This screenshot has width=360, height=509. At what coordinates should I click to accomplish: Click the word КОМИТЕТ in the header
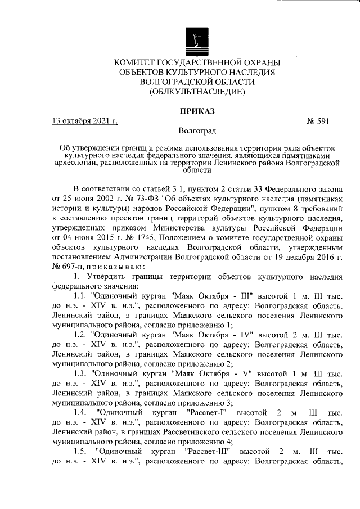[136, 62]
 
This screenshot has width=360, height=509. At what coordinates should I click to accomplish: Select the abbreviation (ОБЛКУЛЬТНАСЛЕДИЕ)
[197, 91]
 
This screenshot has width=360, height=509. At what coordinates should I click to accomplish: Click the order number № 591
[318, 120]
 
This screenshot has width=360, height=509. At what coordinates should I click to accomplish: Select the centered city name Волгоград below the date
[197, 131]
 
